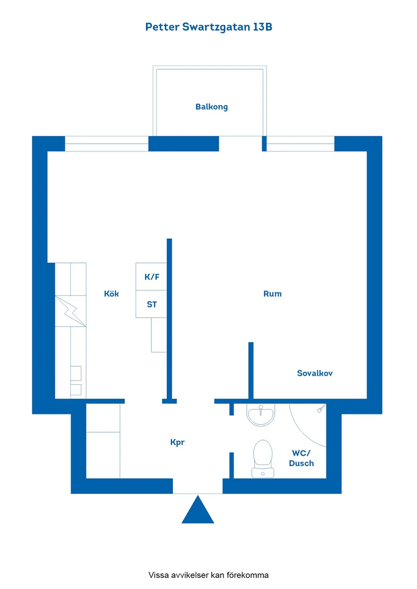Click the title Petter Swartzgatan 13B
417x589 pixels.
click(209, 27)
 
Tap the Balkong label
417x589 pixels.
click(211, 106)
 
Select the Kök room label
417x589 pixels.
click(111, 294)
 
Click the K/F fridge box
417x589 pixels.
click(151, 277)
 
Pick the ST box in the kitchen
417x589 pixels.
click(151, 304)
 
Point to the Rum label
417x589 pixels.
click(272, 294)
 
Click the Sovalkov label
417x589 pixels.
click(314, 373)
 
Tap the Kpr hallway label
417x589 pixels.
click(177, 442)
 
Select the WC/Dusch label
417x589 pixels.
click(301, 458)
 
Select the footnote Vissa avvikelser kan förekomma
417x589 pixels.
click(208, 575)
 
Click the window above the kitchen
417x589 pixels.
click(107, 144)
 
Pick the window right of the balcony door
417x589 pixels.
click(300, 144)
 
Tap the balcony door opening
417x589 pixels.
click(240, 144)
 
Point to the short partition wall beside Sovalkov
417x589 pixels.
click(251, 370)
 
